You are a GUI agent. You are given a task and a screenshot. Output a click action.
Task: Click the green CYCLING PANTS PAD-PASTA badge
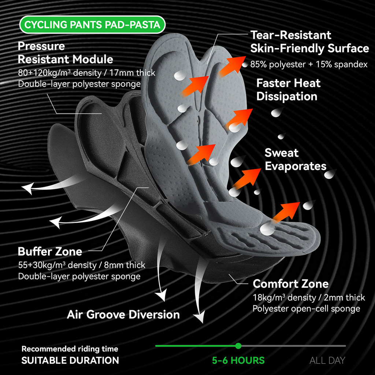coord(92,25)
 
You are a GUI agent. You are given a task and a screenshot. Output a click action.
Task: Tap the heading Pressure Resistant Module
coord(65,53)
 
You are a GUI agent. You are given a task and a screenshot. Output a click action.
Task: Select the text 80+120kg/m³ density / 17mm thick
coord(87,73)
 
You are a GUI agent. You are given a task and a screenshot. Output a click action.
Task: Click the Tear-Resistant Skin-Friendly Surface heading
coord(309,42)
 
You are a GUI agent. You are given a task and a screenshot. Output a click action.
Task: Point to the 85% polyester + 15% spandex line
coord(309,64)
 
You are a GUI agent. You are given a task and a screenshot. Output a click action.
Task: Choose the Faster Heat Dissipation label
coord(288,90)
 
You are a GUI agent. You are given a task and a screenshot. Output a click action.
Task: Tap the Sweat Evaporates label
coord(295,159)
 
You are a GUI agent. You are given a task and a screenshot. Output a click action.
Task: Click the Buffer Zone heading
coord(50,252)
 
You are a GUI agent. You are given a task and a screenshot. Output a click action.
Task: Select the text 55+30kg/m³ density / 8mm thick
coord(82,265)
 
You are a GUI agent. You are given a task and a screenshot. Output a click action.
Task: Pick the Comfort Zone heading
coord(290,284)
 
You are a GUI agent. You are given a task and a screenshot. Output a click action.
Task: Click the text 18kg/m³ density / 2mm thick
coord(309,297)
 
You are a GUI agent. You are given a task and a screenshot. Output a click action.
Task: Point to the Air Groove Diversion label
coord(123,315)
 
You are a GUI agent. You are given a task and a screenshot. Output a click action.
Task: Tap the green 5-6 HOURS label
coord(238,360)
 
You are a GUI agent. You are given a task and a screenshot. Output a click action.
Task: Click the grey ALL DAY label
coord(327,360)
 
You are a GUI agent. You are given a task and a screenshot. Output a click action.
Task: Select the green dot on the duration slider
coord(238,346)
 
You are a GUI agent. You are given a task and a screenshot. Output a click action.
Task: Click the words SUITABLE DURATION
coord(70,360)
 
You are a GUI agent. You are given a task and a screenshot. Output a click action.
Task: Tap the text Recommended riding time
coord(70,349)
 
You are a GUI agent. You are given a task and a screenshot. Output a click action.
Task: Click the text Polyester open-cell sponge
coord(306,309)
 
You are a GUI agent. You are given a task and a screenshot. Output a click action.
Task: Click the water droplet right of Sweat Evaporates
coord(330,174)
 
